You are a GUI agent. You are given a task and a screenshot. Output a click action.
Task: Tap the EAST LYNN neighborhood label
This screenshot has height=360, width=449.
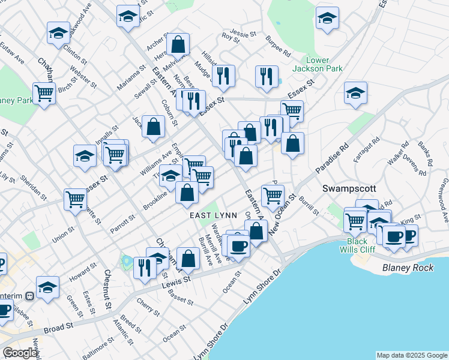pyautogui.click(x=213, y=215)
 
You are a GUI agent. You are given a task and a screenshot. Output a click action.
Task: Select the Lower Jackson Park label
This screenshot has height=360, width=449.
pyautogui.click(x=325, y=64)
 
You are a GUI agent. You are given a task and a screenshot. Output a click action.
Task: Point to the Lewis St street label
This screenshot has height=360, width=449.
pyautogui.click(x=176, y=281)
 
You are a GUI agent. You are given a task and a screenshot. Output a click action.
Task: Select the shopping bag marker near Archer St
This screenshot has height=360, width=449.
pyautogui.click(x=178, y=44)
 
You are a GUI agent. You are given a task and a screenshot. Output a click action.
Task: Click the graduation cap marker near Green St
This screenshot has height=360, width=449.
pyautogui.click(x=47, y=287)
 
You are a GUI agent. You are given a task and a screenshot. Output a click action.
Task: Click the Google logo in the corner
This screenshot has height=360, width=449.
pyautogui.click(x=20, y=353)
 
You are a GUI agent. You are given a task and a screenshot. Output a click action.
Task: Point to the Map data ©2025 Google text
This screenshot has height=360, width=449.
pyautogui.click(x=412, y=355)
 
